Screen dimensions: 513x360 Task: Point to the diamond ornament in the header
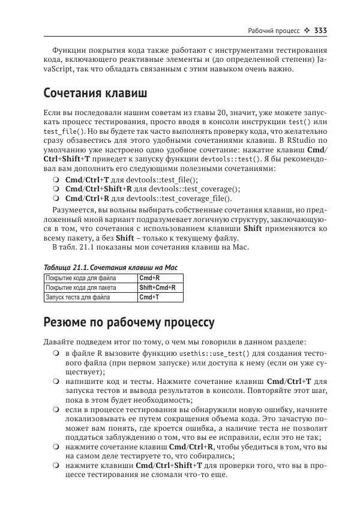coord(305,31)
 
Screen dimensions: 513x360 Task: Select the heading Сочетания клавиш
coord(95,94)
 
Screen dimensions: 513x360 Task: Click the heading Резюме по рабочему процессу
coord(128,322)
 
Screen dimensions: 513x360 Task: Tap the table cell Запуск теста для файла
coord(78,297)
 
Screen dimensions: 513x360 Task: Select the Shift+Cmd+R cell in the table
coord(157,287)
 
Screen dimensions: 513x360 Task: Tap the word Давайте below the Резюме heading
coord(59,341)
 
